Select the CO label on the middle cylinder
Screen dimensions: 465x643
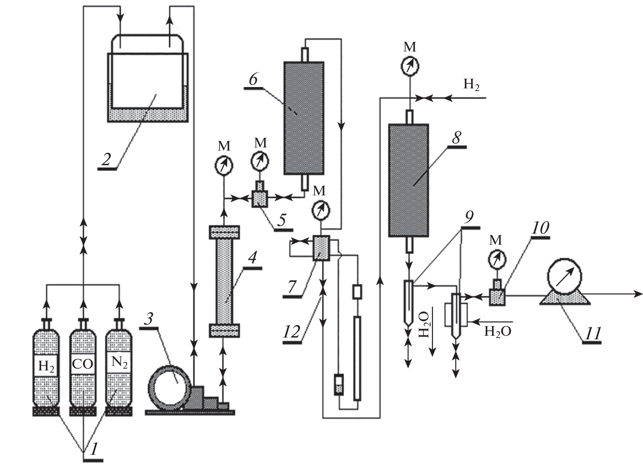(x=83, y=364)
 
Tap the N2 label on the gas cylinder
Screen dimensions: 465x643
(x=119, y=362)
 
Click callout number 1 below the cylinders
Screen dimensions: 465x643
(x=94, y=449)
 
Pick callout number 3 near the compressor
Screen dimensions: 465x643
(x=150, y=318)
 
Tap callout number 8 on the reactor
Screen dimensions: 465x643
(x=456, y=138)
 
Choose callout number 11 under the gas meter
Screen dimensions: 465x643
(x=591, y=332)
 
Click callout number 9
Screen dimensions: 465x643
(x=469, y=218)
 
